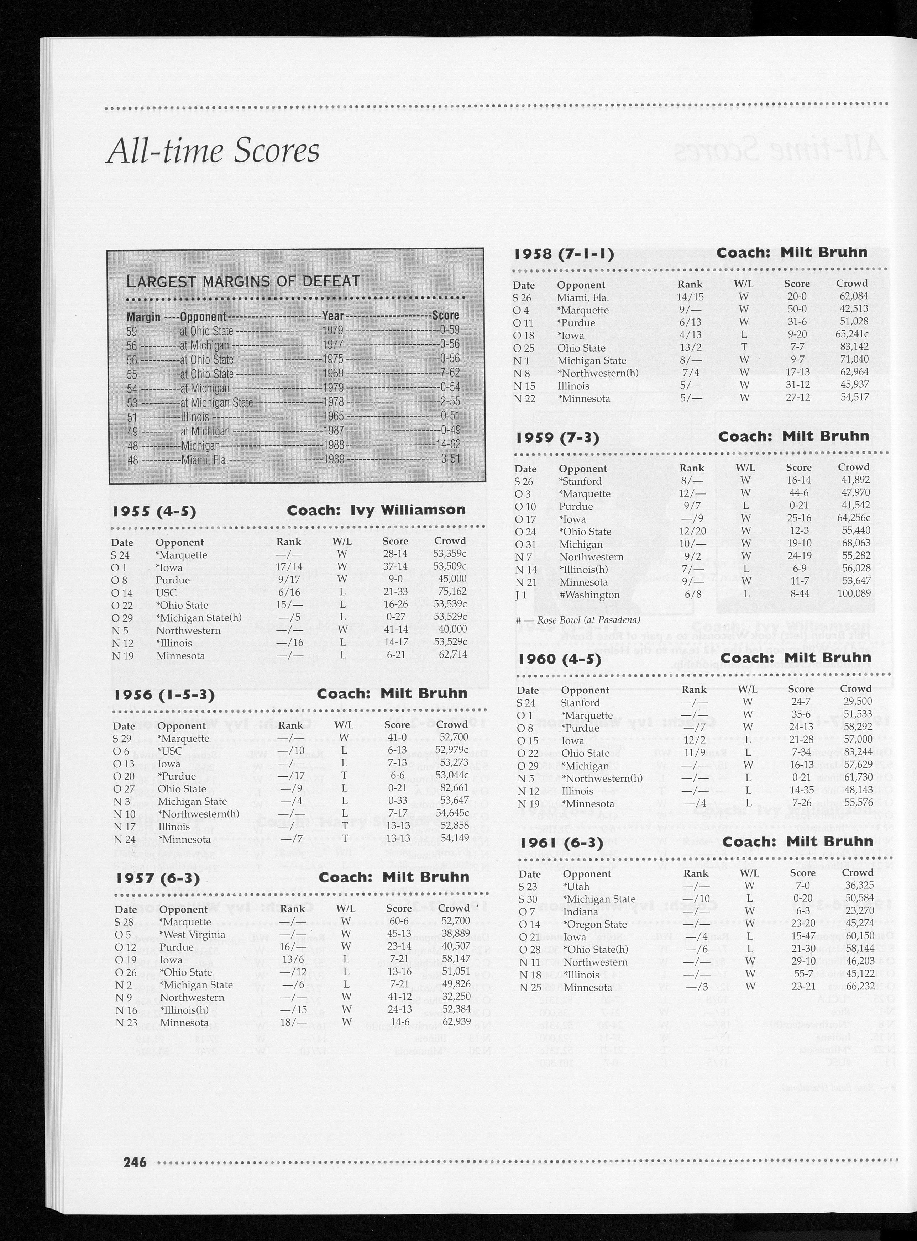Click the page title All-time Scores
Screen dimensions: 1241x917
(x=213, y=150)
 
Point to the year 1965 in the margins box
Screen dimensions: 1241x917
(x=334, y=417)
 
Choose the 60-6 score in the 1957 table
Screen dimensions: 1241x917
(x=399, y=921)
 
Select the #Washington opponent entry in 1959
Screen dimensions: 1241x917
(x=589, y=595)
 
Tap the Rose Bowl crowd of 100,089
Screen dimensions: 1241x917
(x=854, y=593)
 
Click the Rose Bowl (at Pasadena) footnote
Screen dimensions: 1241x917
(x=578, y=620)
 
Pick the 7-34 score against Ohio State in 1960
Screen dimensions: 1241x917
(x=801, y=753)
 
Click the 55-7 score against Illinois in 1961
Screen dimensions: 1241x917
(x=803, y=975)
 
